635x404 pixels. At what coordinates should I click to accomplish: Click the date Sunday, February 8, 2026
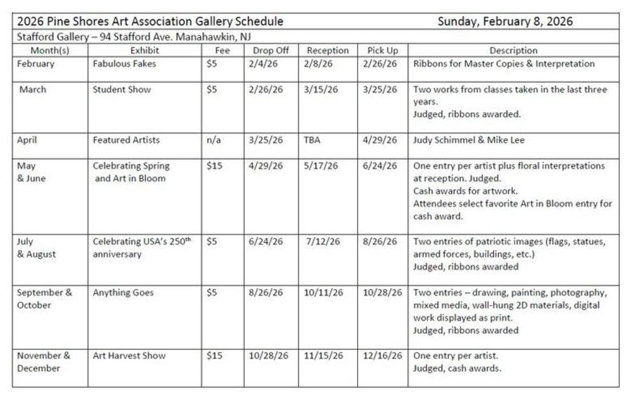coord(505,21)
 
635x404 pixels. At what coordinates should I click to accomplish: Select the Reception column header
coord(328,50)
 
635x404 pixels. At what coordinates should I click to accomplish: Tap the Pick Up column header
coord(382,50)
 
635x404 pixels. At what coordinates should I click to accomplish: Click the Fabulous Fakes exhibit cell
coord(124,64)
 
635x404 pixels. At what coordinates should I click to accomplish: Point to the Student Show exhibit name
coord(121,90)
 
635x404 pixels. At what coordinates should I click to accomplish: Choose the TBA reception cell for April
coord(312,140)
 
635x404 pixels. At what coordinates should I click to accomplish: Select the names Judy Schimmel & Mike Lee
coord(469,140)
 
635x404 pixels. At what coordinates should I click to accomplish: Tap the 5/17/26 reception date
coord(322,166)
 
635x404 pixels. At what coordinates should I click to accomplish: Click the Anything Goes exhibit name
coord(123,292)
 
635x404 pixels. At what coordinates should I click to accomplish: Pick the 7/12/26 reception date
coord(323,241)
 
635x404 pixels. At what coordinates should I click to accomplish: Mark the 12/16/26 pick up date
coord(382,356)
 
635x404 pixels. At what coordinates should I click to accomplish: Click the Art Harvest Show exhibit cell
coord(129,356)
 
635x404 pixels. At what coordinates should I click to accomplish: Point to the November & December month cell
coord(44,362)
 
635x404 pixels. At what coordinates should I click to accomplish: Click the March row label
coord(33,90)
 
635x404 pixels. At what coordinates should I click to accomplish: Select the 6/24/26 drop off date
coord(266,241)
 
